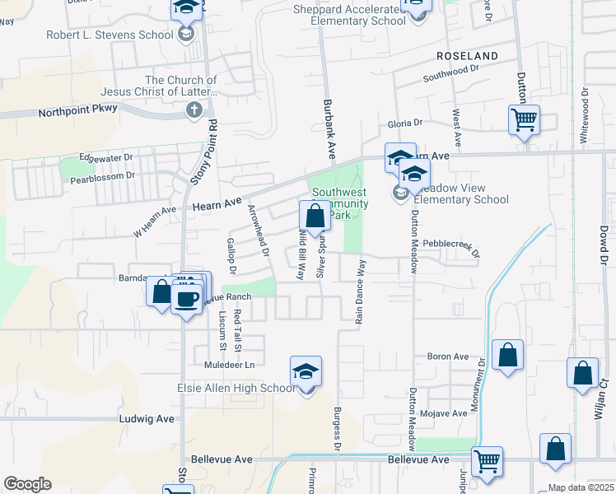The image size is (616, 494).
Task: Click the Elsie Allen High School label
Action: click(x=236, y=388)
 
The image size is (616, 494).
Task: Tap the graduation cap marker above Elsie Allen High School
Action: click(x=306, y=371)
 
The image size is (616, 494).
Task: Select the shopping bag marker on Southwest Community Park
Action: click(x=315, y=217)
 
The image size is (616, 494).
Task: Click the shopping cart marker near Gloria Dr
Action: click(x=524, y=120)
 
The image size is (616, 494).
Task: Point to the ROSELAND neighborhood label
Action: click(x=468, y=56)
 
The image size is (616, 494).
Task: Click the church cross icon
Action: click(x=194, y=110)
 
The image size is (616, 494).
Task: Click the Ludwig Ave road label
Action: click(x=147, y=418)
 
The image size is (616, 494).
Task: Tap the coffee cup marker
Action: click(x=188, y=298)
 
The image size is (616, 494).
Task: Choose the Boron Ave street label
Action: click(x=447, y=357)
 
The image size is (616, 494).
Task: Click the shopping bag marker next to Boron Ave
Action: click(x=508, y=356)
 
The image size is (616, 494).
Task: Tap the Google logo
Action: click(x=27, y=483)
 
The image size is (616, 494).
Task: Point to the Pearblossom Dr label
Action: click(x=102, y=176)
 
